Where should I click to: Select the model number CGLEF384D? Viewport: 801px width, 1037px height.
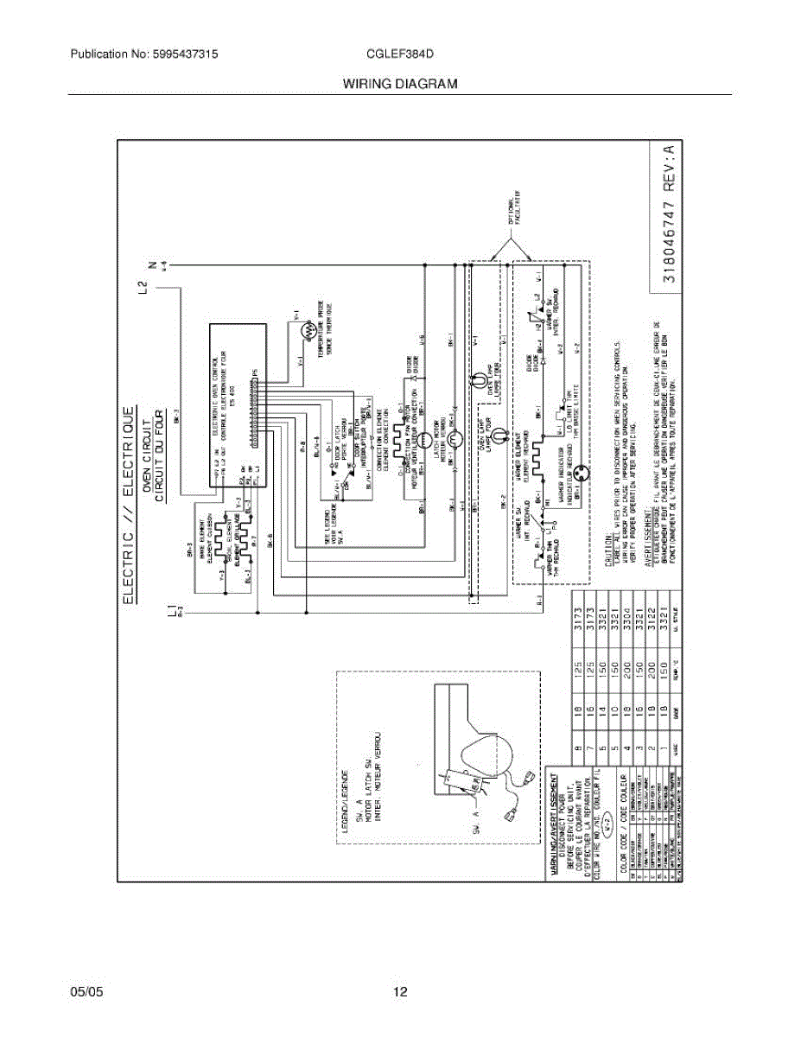(400, 54)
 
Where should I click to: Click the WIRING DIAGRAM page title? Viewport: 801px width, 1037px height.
(400, 84)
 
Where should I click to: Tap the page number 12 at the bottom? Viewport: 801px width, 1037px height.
(400, 992)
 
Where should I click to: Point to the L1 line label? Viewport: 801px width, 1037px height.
(172, 612)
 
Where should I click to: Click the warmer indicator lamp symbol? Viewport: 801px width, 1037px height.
(584, 474)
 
